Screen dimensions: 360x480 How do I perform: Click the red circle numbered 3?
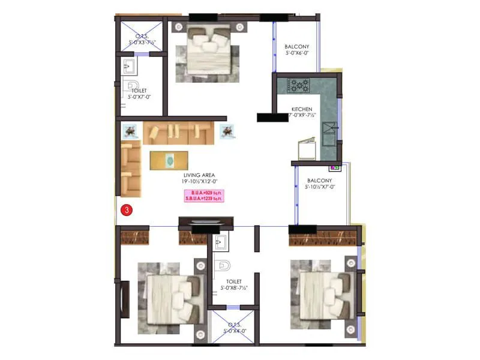[126, 210]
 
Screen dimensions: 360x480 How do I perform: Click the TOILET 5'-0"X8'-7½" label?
[233, 284]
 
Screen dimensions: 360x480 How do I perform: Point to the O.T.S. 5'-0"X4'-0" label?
[234, 328]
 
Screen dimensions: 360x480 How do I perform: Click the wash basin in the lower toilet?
[218, 242]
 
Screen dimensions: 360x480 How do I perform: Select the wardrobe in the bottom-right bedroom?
[323, 238]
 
